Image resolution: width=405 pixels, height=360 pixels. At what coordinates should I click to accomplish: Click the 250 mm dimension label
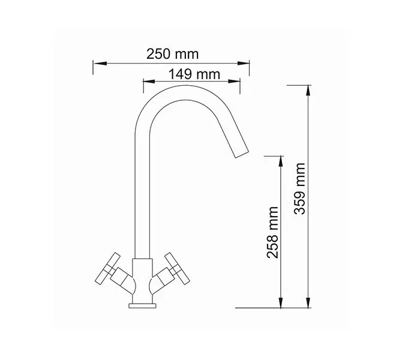[x=172, y=53]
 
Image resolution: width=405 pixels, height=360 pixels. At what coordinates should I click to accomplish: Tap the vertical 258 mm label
[x=274, y=232]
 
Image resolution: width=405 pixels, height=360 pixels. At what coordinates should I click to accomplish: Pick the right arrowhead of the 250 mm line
[x=246, y=62]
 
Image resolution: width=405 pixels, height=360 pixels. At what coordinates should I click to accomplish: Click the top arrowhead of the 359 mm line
[x=308, y=88]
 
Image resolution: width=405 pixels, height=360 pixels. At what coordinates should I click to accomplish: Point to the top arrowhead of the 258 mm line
[x=280, y=159]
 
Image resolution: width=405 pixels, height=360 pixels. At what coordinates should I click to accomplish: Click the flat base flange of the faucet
[x=142, y=306]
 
